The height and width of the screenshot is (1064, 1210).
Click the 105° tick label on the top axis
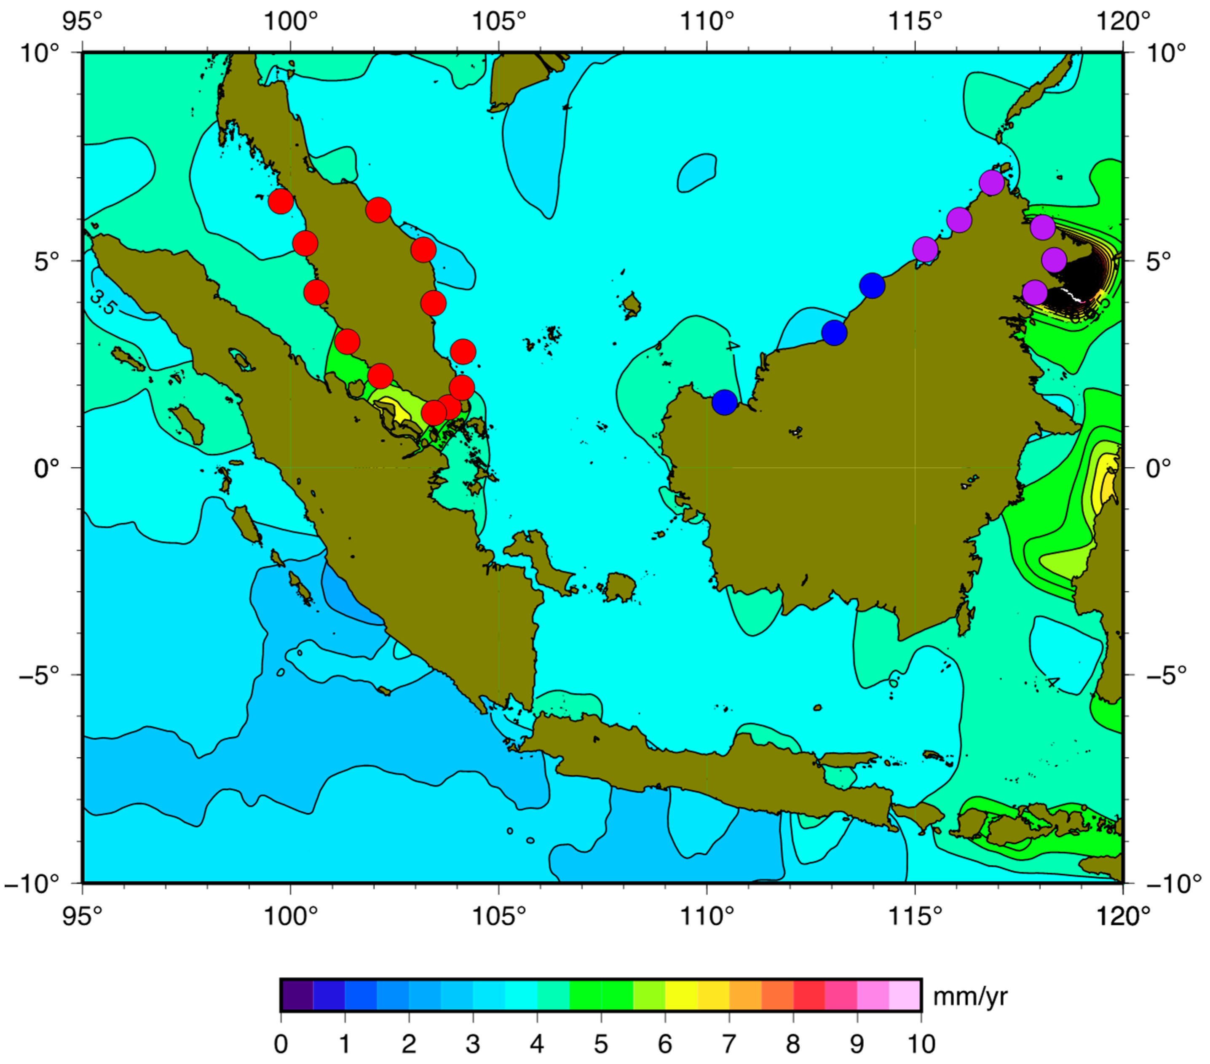point(498,22)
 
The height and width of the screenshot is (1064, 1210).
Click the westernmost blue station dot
point(725,402)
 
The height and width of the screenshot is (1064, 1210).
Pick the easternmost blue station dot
point(872,286)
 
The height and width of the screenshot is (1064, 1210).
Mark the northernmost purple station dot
point(992,182)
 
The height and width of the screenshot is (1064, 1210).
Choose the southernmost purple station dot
point(1034,293)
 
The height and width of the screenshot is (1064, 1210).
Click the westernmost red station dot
point(281,201)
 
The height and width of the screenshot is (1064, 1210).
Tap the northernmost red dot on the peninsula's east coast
point(377,210)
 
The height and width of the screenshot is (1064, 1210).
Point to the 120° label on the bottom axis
point(1123,916)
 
